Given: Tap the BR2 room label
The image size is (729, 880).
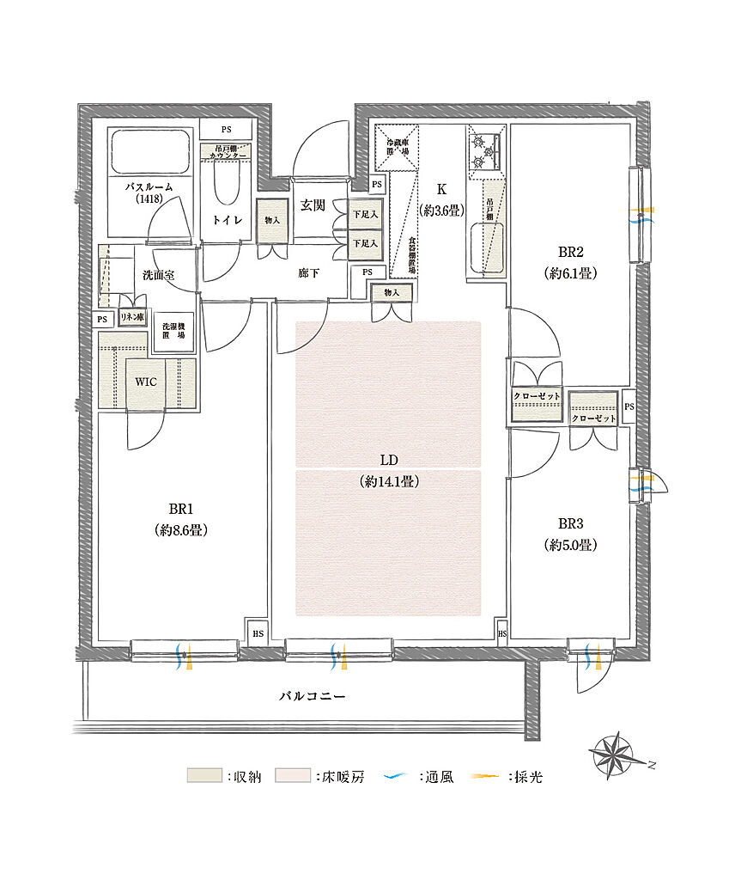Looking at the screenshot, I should click(571, 252).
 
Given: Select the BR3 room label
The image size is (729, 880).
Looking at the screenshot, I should click(571, 523).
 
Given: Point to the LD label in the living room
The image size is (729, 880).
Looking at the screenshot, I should click(389, 460).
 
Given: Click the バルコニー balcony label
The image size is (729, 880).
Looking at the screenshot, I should click(312, 695).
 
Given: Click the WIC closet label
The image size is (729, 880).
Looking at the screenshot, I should click(145, 382).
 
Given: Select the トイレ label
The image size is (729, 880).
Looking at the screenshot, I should click(228, 221).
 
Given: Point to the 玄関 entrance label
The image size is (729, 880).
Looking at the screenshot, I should click(312, 205).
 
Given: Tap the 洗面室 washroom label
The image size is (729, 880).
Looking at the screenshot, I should click(158, 275).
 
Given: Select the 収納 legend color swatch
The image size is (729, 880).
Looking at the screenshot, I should click(204, 776).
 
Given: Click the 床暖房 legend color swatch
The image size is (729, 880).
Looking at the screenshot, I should click(292, 776).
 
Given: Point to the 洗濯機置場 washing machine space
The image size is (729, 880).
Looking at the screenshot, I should click(174, 331).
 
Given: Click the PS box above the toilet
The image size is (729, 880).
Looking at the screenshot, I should click(226, 130).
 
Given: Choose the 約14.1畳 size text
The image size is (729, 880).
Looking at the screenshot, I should click(389, 482).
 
